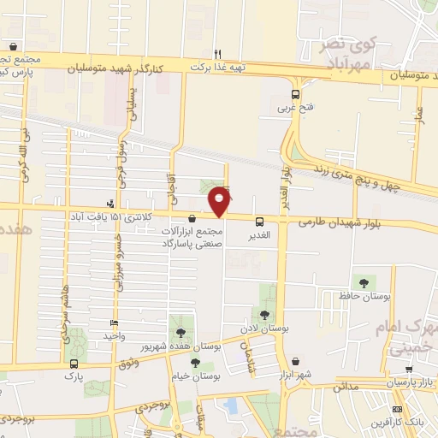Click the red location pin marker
point(220,200)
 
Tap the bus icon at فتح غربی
point(295,95)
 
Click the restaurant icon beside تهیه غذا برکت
point(218,53)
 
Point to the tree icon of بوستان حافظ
point(364,281)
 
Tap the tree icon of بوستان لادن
point(263,314)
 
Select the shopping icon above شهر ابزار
point(295,362)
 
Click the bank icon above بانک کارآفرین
point(397,409)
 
